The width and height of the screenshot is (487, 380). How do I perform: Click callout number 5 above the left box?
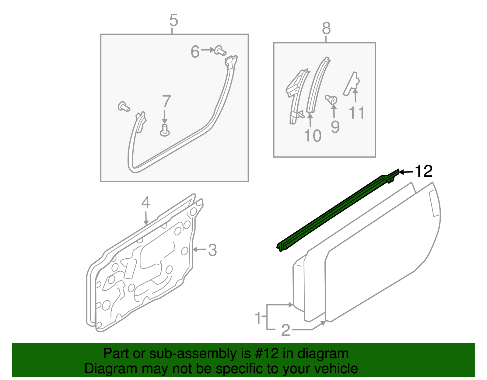pyautogui.click(x=173, y=20)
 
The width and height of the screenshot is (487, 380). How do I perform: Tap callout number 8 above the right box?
pyautogui.click(x=326, y=29)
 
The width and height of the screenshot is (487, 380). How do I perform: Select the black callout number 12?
pyautogui.click(x=423, y=172)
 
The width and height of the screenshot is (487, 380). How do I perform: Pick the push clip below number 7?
pyautogui.click(x=165, y=130)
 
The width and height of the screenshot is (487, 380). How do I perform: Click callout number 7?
pyautogui.click(x=166, y=102)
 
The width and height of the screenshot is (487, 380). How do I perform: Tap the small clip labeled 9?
pyautogui.click(x=331, y=99)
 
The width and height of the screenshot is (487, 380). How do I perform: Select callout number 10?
pyautogui.click(x=313, y=136)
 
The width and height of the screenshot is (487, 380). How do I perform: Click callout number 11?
pyautogui.click(x=356, y=113)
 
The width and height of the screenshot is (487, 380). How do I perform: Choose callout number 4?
pyautogui.click(x=145, y=203)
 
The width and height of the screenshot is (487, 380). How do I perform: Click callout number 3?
pyautogui.click(x=212, y=250)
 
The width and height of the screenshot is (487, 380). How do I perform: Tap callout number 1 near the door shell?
pyautogui.click(x=258, y=318)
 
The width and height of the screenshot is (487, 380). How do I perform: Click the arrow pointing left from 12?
pyautogui.click(x=406, y=172)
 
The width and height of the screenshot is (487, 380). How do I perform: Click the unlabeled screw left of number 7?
pyautogui.click(x=124, y=106)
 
